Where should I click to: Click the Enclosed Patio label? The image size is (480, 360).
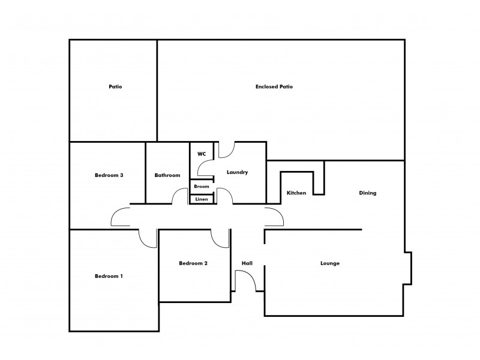[x=274, y=87]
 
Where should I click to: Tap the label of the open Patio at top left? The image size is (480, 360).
[x=115, y=87]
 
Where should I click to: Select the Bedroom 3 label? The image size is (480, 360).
[x=109, y=175]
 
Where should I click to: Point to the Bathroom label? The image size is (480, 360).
[x=167, y=175]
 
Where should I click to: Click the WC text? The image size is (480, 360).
[x=202, y=154]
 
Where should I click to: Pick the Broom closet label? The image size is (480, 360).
[x=202, y=187]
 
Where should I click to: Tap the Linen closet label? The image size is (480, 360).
[x=202, y=199]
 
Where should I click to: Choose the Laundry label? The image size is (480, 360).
[x=237, y=173]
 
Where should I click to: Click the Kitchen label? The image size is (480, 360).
[x=296, y=193]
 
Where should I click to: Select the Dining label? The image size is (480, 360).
[x=367, y=193]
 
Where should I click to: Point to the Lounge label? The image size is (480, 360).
[x=330, y=263]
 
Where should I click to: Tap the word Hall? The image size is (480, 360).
[x=247, y=263]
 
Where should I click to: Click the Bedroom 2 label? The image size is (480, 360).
[x=193, y=263]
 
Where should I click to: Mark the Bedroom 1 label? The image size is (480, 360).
[x=109, y=277]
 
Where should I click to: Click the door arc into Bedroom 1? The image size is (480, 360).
[x=147, y=238]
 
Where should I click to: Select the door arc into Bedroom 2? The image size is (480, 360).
[x=220, y=238]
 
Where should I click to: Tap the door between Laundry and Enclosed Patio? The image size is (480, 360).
[x=226, y=150]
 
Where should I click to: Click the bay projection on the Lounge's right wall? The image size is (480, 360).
[x=407, y=267]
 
